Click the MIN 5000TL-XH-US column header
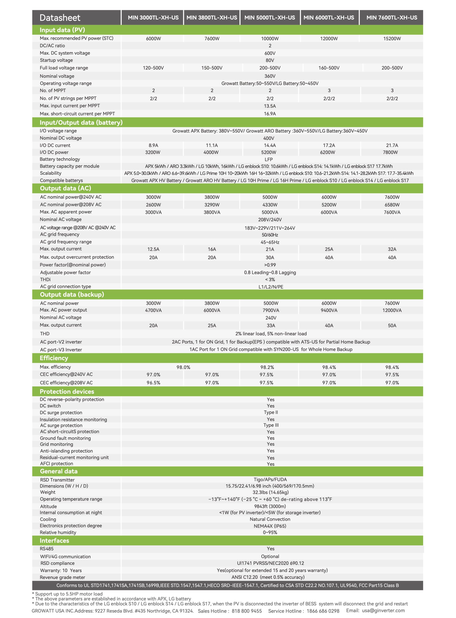coord(270,18)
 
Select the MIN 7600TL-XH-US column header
coord(392,18)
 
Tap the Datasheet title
coord(60,18)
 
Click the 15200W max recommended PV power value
coord(392,39)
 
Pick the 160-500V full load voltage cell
coord(329,68)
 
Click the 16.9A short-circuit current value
coord(270,114)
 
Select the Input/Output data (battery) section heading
coord(81,122)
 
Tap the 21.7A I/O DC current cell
coord(392,145)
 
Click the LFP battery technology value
coord(268,159)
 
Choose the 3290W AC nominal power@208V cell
coord(212,205)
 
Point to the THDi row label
coord(45,279)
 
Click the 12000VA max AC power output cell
coord(392,310)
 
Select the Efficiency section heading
coord(54,358)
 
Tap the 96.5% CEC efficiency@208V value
coord(153,382)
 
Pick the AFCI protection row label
coord(57,463)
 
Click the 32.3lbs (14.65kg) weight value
coord(270,492)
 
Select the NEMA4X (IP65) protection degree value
coord(270,526)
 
